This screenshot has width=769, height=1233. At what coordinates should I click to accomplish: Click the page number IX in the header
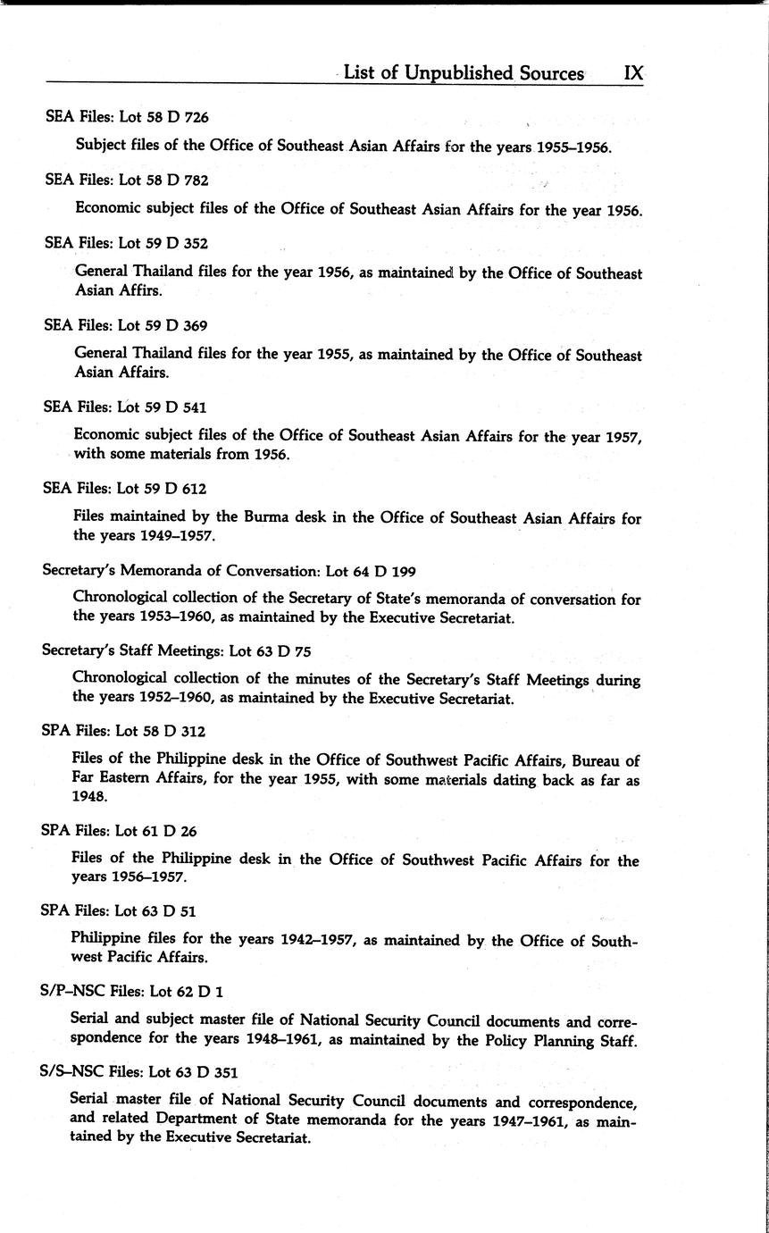tap(632, 73)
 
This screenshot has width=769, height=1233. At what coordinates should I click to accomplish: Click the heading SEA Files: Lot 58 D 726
tap(127, 117)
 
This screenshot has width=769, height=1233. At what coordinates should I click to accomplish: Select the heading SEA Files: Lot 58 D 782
tap(127, 180)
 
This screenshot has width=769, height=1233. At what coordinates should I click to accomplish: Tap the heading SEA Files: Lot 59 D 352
tap(127, 243)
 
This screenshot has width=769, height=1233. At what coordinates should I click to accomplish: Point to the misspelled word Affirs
tap(141, 291)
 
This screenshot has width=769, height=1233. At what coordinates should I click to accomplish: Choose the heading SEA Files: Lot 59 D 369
tap(126, 326)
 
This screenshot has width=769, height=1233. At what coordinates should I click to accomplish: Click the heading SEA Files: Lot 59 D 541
tap(125, 407)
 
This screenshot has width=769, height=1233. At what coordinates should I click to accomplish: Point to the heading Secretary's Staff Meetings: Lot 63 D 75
tap(176, 651)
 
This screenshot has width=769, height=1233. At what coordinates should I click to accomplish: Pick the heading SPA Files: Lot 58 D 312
tap(123, 731)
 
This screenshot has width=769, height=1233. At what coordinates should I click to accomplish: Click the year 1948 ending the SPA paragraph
tap(88, 798)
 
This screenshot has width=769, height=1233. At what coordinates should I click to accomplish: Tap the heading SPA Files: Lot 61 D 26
tap(119, 831)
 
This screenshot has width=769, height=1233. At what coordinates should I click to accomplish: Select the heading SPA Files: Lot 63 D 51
tap(119, 911)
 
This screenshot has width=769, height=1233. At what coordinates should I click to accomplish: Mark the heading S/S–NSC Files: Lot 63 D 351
tap(139, 1071)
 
